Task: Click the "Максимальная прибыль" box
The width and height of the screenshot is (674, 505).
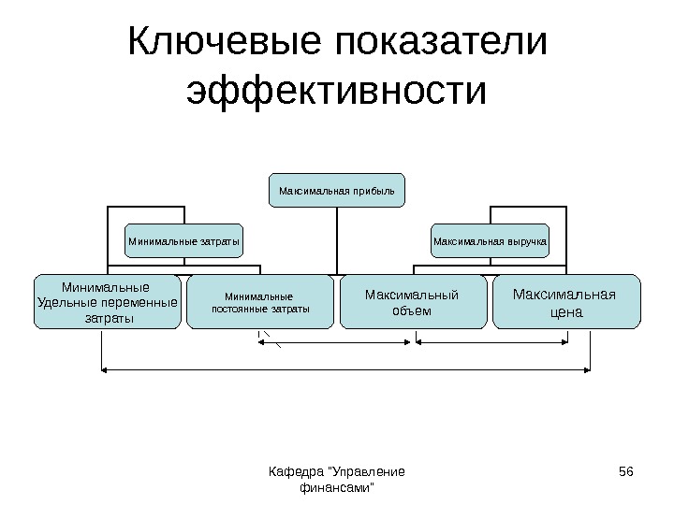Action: point(337,190)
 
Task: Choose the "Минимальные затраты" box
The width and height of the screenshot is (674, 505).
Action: point(184,241)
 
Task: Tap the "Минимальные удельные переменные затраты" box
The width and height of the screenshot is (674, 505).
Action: point(108,301)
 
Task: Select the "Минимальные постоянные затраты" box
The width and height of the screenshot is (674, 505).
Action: point(260,301)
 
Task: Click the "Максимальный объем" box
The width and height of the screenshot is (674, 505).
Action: point(413,301)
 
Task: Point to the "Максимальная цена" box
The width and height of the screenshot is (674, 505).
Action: point(565,301)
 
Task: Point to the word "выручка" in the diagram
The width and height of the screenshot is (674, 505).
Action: point(524,241)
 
